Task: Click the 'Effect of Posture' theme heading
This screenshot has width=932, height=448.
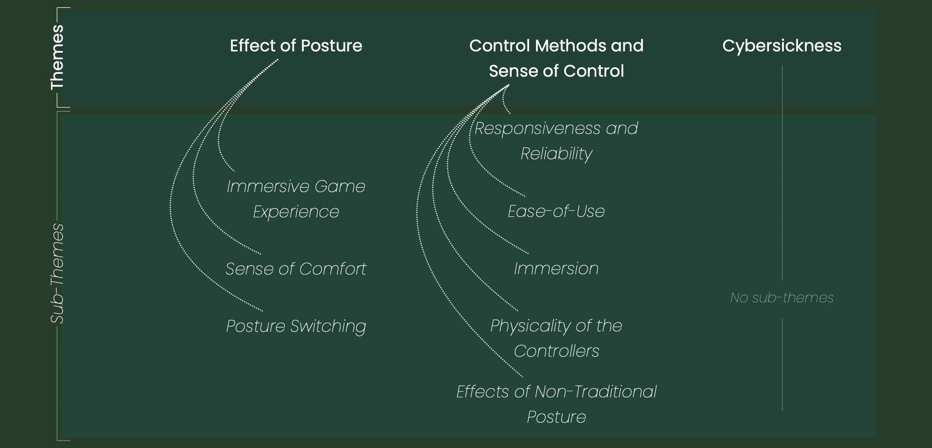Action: (x=296, y=46)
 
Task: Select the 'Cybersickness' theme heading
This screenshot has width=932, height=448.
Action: (x=782, y=46)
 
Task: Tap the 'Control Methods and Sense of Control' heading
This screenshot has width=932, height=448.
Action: (x=556, y=58)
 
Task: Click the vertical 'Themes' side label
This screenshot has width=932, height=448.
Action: (x=57, y=57)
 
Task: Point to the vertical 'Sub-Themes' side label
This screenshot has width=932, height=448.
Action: (x=57, y=273)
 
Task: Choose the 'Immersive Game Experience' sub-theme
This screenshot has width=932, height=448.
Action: (x=296, y=199)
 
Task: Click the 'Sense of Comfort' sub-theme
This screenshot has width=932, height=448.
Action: (x=296, y=269)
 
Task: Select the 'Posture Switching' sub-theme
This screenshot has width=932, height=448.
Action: (x=296, y=326)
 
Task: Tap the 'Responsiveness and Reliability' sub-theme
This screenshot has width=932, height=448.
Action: (x=556, y=141)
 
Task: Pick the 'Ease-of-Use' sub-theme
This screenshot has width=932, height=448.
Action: (x=556, y=211)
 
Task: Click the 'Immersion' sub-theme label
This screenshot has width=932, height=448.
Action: (x=556, y=268)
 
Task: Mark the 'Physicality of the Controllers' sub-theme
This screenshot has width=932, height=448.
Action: (x=556, y=338)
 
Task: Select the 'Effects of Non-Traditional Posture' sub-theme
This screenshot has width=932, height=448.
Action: (x=556, y=404)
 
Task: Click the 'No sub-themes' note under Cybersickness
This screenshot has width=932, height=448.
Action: (x=782, y=297)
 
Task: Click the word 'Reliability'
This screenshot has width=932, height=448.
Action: (x=556, y=153)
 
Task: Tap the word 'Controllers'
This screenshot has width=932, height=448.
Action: (x=556, y=351)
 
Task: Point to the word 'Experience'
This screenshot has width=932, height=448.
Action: (x=296, y=212)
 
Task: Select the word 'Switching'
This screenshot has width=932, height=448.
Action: (x=328, y=326)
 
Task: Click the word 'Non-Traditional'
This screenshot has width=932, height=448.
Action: (x=595, y=392)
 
